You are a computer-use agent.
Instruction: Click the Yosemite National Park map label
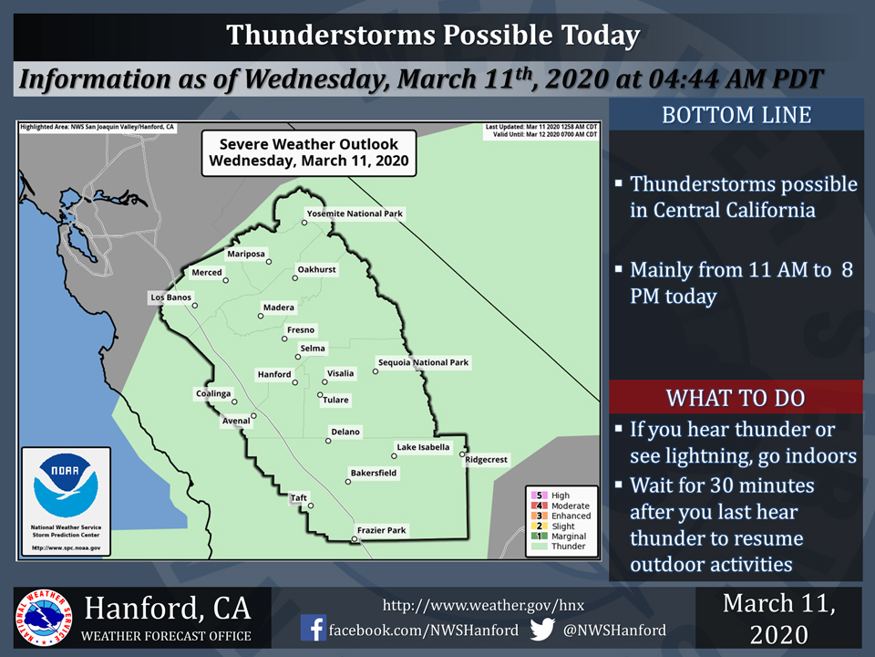[355, 214]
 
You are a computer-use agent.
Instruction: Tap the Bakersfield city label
[373, 474]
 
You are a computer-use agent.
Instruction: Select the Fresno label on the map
[301, 329]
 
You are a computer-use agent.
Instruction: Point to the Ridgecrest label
[487, 460]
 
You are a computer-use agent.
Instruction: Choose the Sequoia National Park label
[423, 362]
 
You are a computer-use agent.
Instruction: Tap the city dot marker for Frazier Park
[355, 540]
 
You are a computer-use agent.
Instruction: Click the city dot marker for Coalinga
[234, 401]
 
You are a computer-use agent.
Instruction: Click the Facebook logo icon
[314, 630]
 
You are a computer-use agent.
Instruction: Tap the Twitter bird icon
[543, 630]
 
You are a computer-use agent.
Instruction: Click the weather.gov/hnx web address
[483, 604]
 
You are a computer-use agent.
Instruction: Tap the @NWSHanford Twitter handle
[614, 630]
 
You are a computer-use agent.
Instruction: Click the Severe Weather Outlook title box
[308, 152]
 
